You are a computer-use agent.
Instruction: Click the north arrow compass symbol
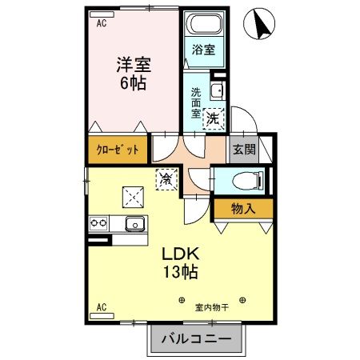point(261,23)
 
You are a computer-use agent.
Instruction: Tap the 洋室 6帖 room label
point(133,71)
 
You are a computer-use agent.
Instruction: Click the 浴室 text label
point(203,50)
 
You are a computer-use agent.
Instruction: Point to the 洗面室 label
point(196,102)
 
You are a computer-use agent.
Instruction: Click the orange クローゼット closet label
point(118,150)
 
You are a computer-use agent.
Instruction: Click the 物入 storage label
point(242,210)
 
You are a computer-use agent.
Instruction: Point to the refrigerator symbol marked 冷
point(165,180)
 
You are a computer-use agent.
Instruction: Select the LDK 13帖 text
point(180,262)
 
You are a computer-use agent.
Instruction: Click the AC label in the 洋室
point(102,24)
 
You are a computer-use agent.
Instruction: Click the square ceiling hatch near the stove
point(132,195)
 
